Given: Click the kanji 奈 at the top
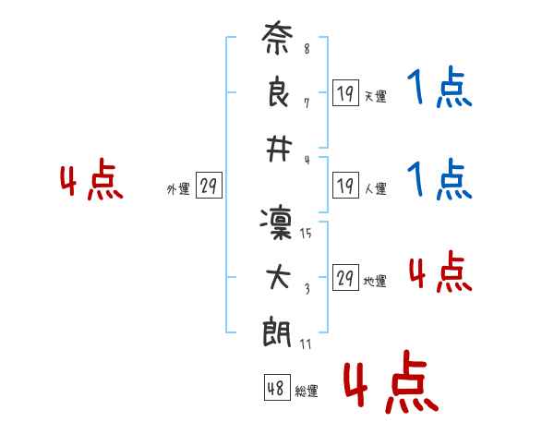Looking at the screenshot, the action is click(x=277, y=38).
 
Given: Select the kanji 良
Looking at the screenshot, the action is click(x=278, y=91).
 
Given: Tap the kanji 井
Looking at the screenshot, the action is click(x=279, y=150).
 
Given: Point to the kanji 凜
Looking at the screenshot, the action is click(x=276, y=223).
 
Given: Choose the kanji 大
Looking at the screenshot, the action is click(x=279, y=277).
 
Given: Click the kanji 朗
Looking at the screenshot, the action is click(x=277, y=332).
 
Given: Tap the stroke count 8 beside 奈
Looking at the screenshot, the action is click(x=307, y=48).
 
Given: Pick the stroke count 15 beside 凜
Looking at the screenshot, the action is click(x=306, y=233).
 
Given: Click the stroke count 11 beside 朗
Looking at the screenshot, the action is click(x=306, y=344).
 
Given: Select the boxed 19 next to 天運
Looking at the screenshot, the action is click(x=345, y=92).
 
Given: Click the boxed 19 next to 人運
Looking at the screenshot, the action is click(x=345, y=185).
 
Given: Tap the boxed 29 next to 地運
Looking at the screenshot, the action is click(x=345, y=277).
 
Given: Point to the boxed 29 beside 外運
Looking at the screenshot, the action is click(x=209, y=185).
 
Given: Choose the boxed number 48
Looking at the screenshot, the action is click(x=277, y=387).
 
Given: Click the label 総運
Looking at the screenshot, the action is click(x=307, y=392).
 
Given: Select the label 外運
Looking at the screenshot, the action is click(x=178, y=189).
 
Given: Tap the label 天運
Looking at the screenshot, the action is click(x=375, y=96).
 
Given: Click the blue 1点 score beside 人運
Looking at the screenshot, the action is click(x=440, y=179).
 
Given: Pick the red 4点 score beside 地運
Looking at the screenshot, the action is click(x=440, y=271).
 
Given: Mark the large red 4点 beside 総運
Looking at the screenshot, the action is click(x=391, y=381).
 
